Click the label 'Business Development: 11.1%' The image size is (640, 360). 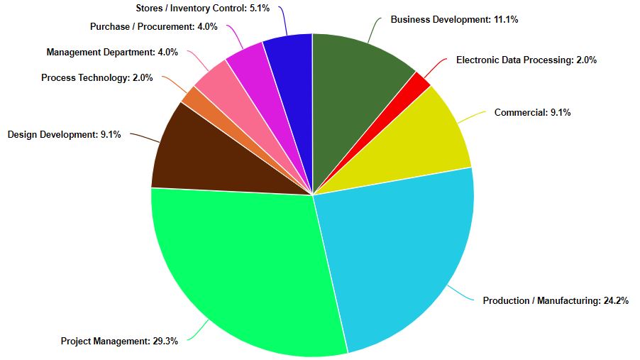click(454, 20)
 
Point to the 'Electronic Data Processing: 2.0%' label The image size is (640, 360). click(526, 60)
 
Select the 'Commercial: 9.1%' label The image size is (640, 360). click(532, 112)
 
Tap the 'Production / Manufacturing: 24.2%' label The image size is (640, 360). click(555, 301)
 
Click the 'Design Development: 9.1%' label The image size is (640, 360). click(64, 133)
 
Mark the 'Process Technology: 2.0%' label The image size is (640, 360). click(96, 78)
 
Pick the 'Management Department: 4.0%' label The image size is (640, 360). click(112, 52)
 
